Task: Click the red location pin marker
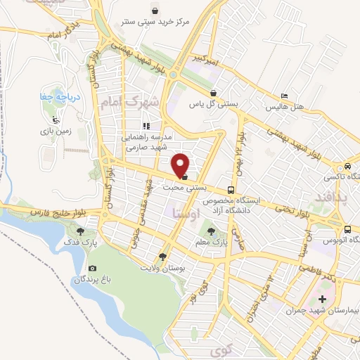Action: tap(181, 165)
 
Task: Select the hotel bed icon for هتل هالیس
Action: tap(284, 96)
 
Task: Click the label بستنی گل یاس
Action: tap(212, 104)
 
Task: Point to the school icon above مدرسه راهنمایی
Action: tap(146, 126)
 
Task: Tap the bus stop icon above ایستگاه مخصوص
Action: tap(231, 191)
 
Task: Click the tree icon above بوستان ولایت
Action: tap(163, 257)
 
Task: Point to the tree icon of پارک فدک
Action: tap(81, 230)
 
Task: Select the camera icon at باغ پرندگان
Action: tap(92, 268)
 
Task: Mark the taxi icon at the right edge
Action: tap(347, 167)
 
